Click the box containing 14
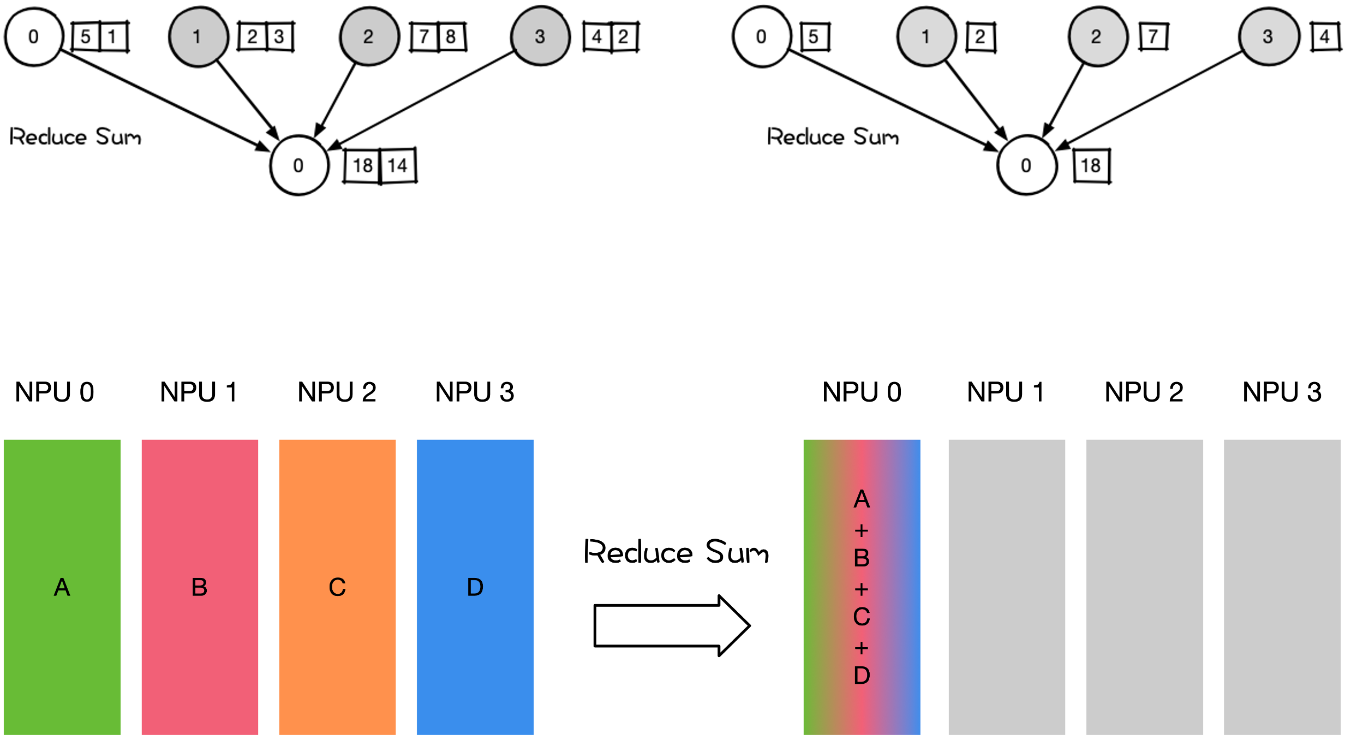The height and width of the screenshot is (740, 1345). point(398,165)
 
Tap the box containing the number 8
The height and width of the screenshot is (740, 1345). point(451,37)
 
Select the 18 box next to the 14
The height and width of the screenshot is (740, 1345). point(362,165)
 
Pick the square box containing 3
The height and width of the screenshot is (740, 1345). point(279,37)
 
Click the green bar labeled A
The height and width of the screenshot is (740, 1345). point(62,587)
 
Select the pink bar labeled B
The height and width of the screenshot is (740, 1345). point(200,587)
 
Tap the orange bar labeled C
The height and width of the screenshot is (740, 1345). point(337,587)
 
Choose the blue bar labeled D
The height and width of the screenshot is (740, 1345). point(475,587)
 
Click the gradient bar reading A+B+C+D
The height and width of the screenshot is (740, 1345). point(862,587)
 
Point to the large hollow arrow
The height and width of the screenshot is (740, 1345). point(672,625)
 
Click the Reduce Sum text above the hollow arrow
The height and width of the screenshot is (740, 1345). point(676,552)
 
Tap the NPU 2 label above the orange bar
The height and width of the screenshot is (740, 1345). point(337,392)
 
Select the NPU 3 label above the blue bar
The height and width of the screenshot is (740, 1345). point(475,392)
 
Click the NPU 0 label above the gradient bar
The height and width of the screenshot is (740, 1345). point(862,392)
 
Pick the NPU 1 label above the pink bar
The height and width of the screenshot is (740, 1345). point(199,392)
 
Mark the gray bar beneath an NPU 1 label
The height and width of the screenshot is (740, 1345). point(1007,587)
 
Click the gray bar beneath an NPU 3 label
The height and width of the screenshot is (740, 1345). point(1282,587)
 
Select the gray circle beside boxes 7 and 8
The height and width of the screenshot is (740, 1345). point(369,37)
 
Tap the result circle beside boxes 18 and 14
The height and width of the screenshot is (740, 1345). point(299,165)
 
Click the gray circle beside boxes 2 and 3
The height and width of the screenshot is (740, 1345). point(198,37)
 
